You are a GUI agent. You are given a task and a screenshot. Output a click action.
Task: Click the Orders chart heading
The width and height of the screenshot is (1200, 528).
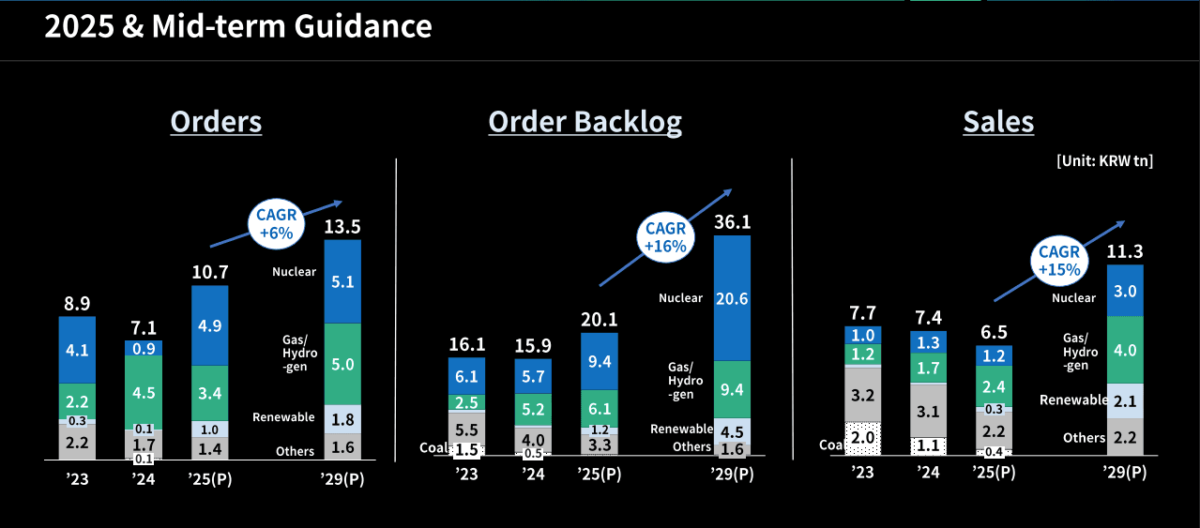tap(216, 122)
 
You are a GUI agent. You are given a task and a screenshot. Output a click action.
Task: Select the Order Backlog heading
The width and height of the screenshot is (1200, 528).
tap(585, 122)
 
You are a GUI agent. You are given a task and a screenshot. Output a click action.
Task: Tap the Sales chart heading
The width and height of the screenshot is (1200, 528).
tap(998, 122)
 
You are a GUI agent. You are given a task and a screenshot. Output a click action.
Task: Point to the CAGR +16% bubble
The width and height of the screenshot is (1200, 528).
tap(665, 237)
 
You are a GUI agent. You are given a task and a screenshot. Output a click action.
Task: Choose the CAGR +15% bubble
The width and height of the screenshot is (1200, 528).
tap(1059, 261)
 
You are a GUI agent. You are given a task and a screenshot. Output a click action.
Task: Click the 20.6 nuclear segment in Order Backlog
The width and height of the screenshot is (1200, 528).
tap(732, 298)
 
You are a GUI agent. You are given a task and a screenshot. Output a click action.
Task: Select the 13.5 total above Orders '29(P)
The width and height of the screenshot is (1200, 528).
tap(342, 226)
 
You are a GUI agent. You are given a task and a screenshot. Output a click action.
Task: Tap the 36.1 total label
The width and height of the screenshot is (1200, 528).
tap(732, 222)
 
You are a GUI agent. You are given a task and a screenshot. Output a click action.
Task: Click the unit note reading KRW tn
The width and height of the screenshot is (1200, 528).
tap(1104, 161)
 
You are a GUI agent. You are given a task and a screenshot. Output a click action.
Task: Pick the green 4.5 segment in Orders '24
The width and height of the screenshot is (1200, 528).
tap(144, 391)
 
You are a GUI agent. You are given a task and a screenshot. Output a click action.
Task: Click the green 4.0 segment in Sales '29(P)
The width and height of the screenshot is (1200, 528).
tap(1125, 350)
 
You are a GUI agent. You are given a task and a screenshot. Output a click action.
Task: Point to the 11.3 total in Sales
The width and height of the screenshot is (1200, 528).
tap(1125, 251)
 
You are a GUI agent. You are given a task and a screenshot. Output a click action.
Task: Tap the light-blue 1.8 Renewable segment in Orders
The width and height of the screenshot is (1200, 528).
tap(342, 418)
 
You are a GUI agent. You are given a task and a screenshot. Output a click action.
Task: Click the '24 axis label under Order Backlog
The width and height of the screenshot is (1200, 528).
tap(533, 475)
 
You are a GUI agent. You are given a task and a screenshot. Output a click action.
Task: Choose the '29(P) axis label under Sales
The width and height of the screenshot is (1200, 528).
tap(1125, 472)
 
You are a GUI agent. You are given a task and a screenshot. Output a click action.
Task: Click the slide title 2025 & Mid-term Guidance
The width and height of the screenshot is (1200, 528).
tap(238, 27)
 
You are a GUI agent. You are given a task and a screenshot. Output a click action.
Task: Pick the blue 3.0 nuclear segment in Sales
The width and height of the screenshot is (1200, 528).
tap(1125, 291)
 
